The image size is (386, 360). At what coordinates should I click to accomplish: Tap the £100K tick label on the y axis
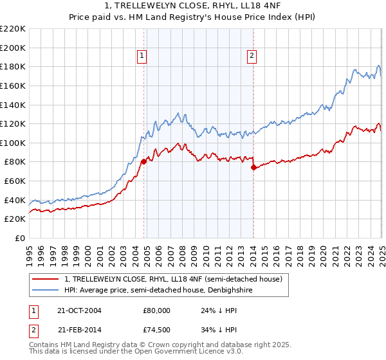13,143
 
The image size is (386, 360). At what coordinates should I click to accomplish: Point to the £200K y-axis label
13,48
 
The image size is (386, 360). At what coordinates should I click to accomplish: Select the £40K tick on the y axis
15,200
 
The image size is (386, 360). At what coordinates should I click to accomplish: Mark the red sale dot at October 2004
143,162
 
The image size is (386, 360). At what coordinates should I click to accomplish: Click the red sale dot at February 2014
253,167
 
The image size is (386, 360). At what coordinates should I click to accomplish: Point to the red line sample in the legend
46,279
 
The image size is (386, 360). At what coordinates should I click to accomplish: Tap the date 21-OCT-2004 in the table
79,310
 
